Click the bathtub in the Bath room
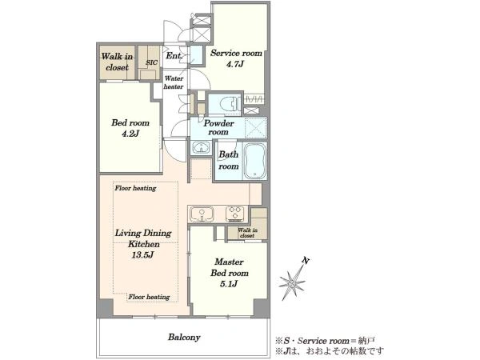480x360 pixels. coord(254,161)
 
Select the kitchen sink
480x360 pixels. coord(202,214)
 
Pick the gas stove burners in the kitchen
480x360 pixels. coord(234,214)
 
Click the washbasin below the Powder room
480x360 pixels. coord(201,147)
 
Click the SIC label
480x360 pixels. coord(151,62)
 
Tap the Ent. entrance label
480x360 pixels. coord(174,56)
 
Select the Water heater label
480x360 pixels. coord(174,82)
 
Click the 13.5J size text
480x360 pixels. coord(142,255)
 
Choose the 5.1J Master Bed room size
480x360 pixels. coord(229,284)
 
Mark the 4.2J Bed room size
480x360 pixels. coord(130,134)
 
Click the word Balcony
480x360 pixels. coord(184,338)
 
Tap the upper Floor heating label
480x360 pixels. coord(135,188)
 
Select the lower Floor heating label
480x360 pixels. coord(149,297)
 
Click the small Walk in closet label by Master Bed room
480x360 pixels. coord(247,233)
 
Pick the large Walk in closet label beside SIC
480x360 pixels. coord(117,62)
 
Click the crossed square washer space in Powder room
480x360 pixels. coord(256,127)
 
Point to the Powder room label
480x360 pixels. coord(218,128)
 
